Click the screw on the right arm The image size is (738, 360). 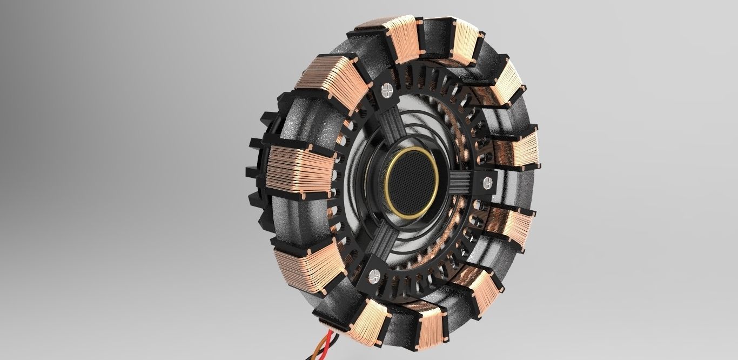(x=488, y=182)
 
